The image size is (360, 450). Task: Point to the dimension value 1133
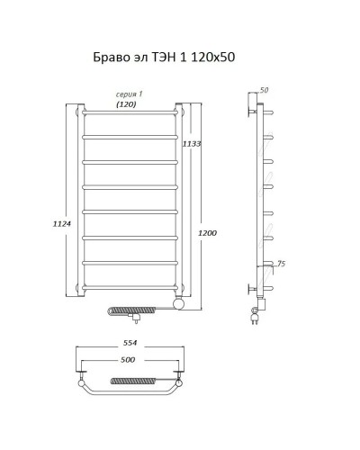pyautogui.click(x=191, y=144)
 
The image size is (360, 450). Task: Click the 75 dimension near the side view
pyautogui.click(x=281, y=265)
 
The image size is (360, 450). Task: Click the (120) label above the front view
pyautogui.click(x=126, y=105)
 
